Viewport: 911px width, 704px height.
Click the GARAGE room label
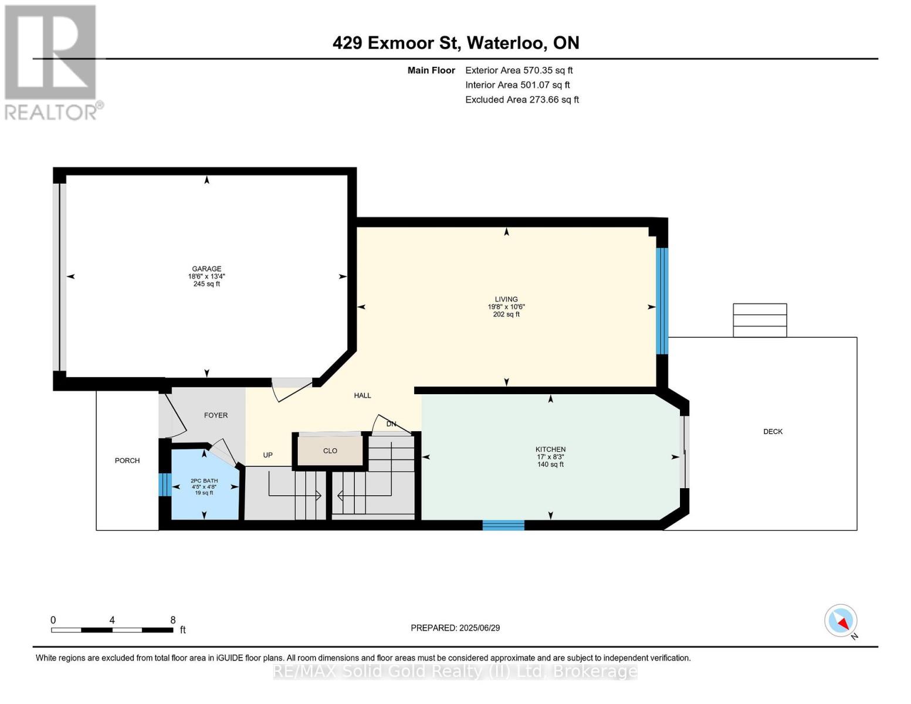pos(206,269)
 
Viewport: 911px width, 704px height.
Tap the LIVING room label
pos(506,299)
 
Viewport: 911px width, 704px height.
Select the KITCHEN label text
pos(550,449)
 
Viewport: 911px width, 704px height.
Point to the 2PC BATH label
pos(204,481)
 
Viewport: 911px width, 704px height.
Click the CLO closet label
pos(330,451)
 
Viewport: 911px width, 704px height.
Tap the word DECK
pos(773,431)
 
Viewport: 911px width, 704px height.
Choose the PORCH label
pos(127,461)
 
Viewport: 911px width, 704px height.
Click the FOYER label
pos(216,415)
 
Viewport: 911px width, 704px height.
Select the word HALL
pos(362,395)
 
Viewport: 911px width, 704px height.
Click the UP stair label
pos(267,455)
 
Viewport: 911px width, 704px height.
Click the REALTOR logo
pos(52,63)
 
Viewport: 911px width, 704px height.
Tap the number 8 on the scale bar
pos(172,620)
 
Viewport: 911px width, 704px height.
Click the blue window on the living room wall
pos(662,301)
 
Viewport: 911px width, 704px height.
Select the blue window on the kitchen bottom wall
pos(503,526)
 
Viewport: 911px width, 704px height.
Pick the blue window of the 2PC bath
pos(165,485)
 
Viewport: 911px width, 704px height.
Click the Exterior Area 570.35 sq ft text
pos(519,70)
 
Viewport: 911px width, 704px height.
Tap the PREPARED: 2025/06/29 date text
pos(455,628)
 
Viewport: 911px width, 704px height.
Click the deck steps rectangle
pos(760,320)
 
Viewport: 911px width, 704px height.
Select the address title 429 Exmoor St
pos(396,43)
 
